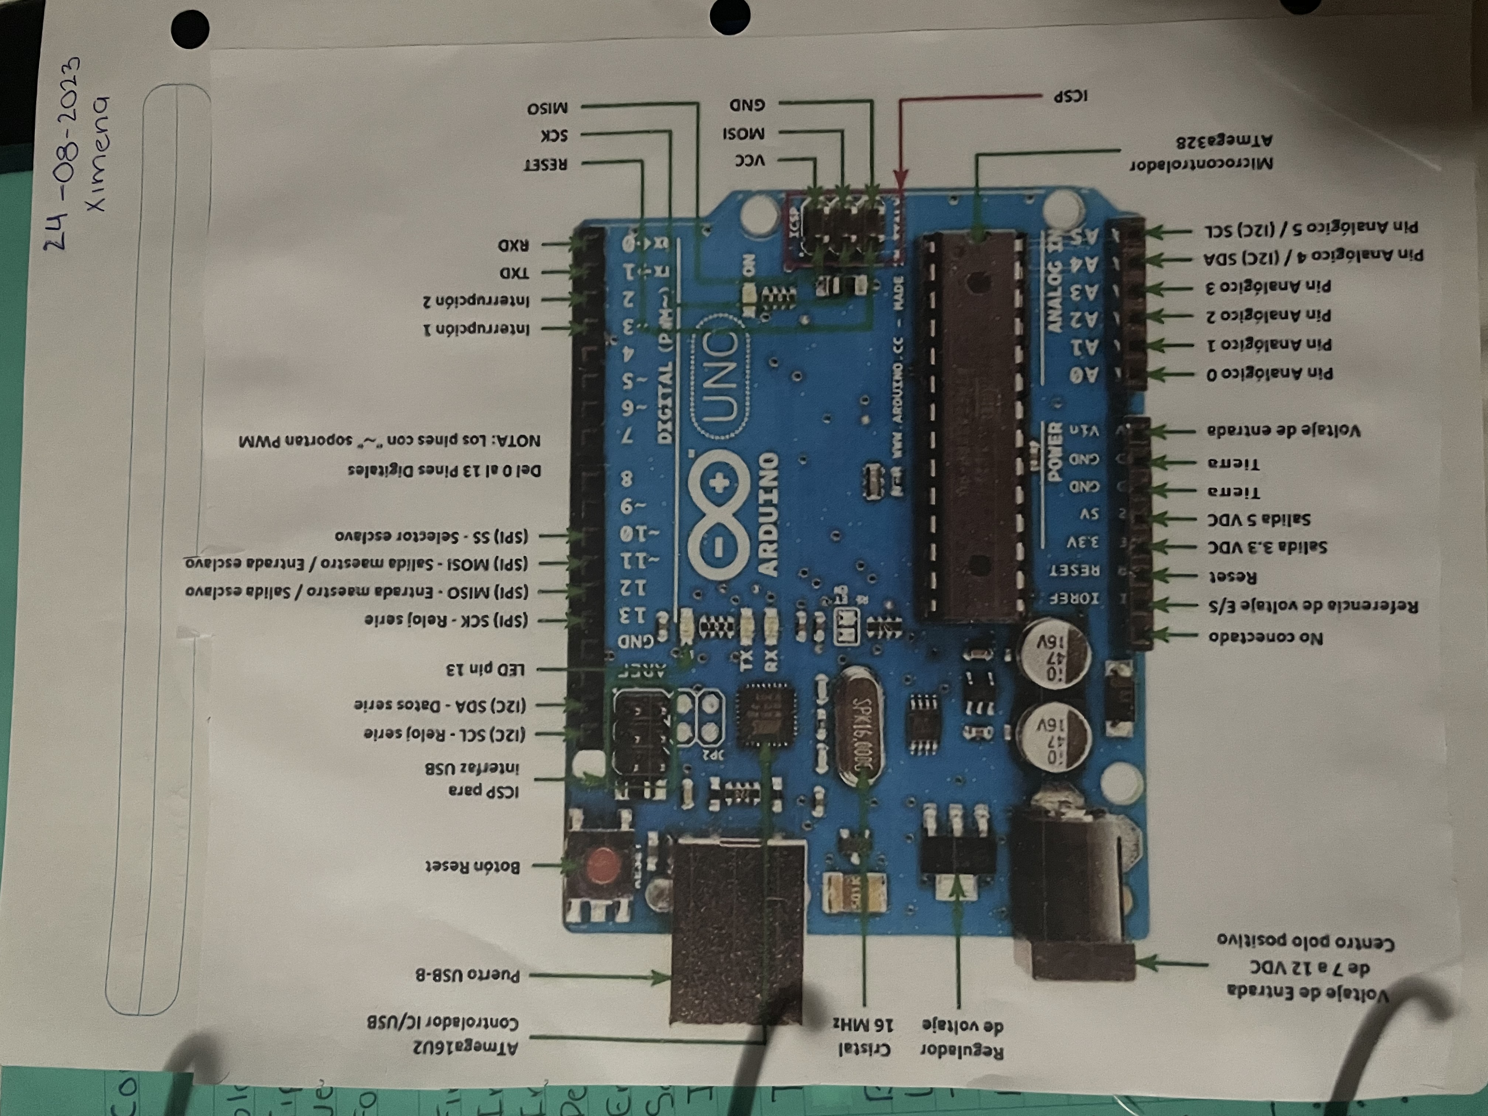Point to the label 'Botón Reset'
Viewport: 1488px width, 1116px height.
473,866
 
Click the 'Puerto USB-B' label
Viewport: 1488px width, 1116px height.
468,975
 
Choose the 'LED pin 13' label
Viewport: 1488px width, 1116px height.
485,669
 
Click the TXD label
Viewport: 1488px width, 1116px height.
514,273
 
